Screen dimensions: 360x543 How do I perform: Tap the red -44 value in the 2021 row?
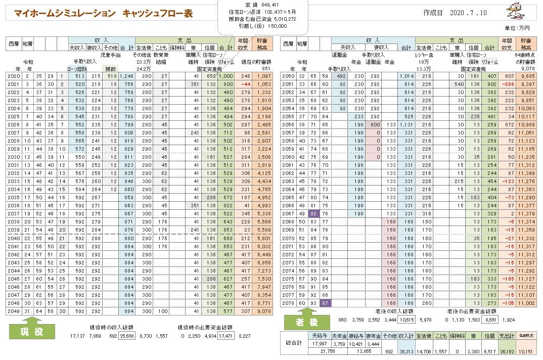point(246,83)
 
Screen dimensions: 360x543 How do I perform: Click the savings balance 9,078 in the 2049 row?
point(263,311)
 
